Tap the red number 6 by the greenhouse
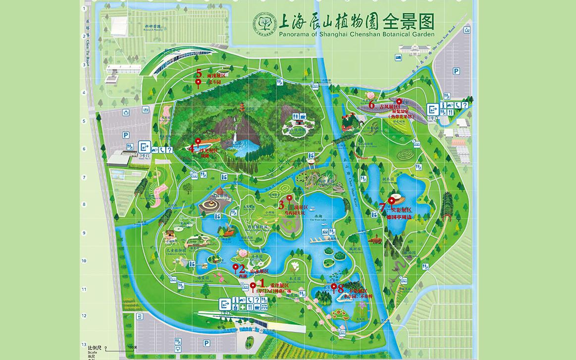[371, 104]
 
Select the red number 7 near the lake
[382, 207]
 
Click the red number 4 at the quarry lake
[191, 147]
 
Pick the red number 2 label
[242, 269]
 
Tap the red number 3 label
[281, 204]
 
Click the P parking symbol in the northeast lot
[456, 71]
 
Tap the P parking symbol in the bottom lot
[206, 343]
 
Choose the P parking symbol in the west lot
[126, 135]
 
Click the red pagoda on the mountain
[242, 107]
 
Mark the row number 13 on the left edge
[84, 344]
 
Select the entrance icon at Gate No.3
[145, 146]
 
